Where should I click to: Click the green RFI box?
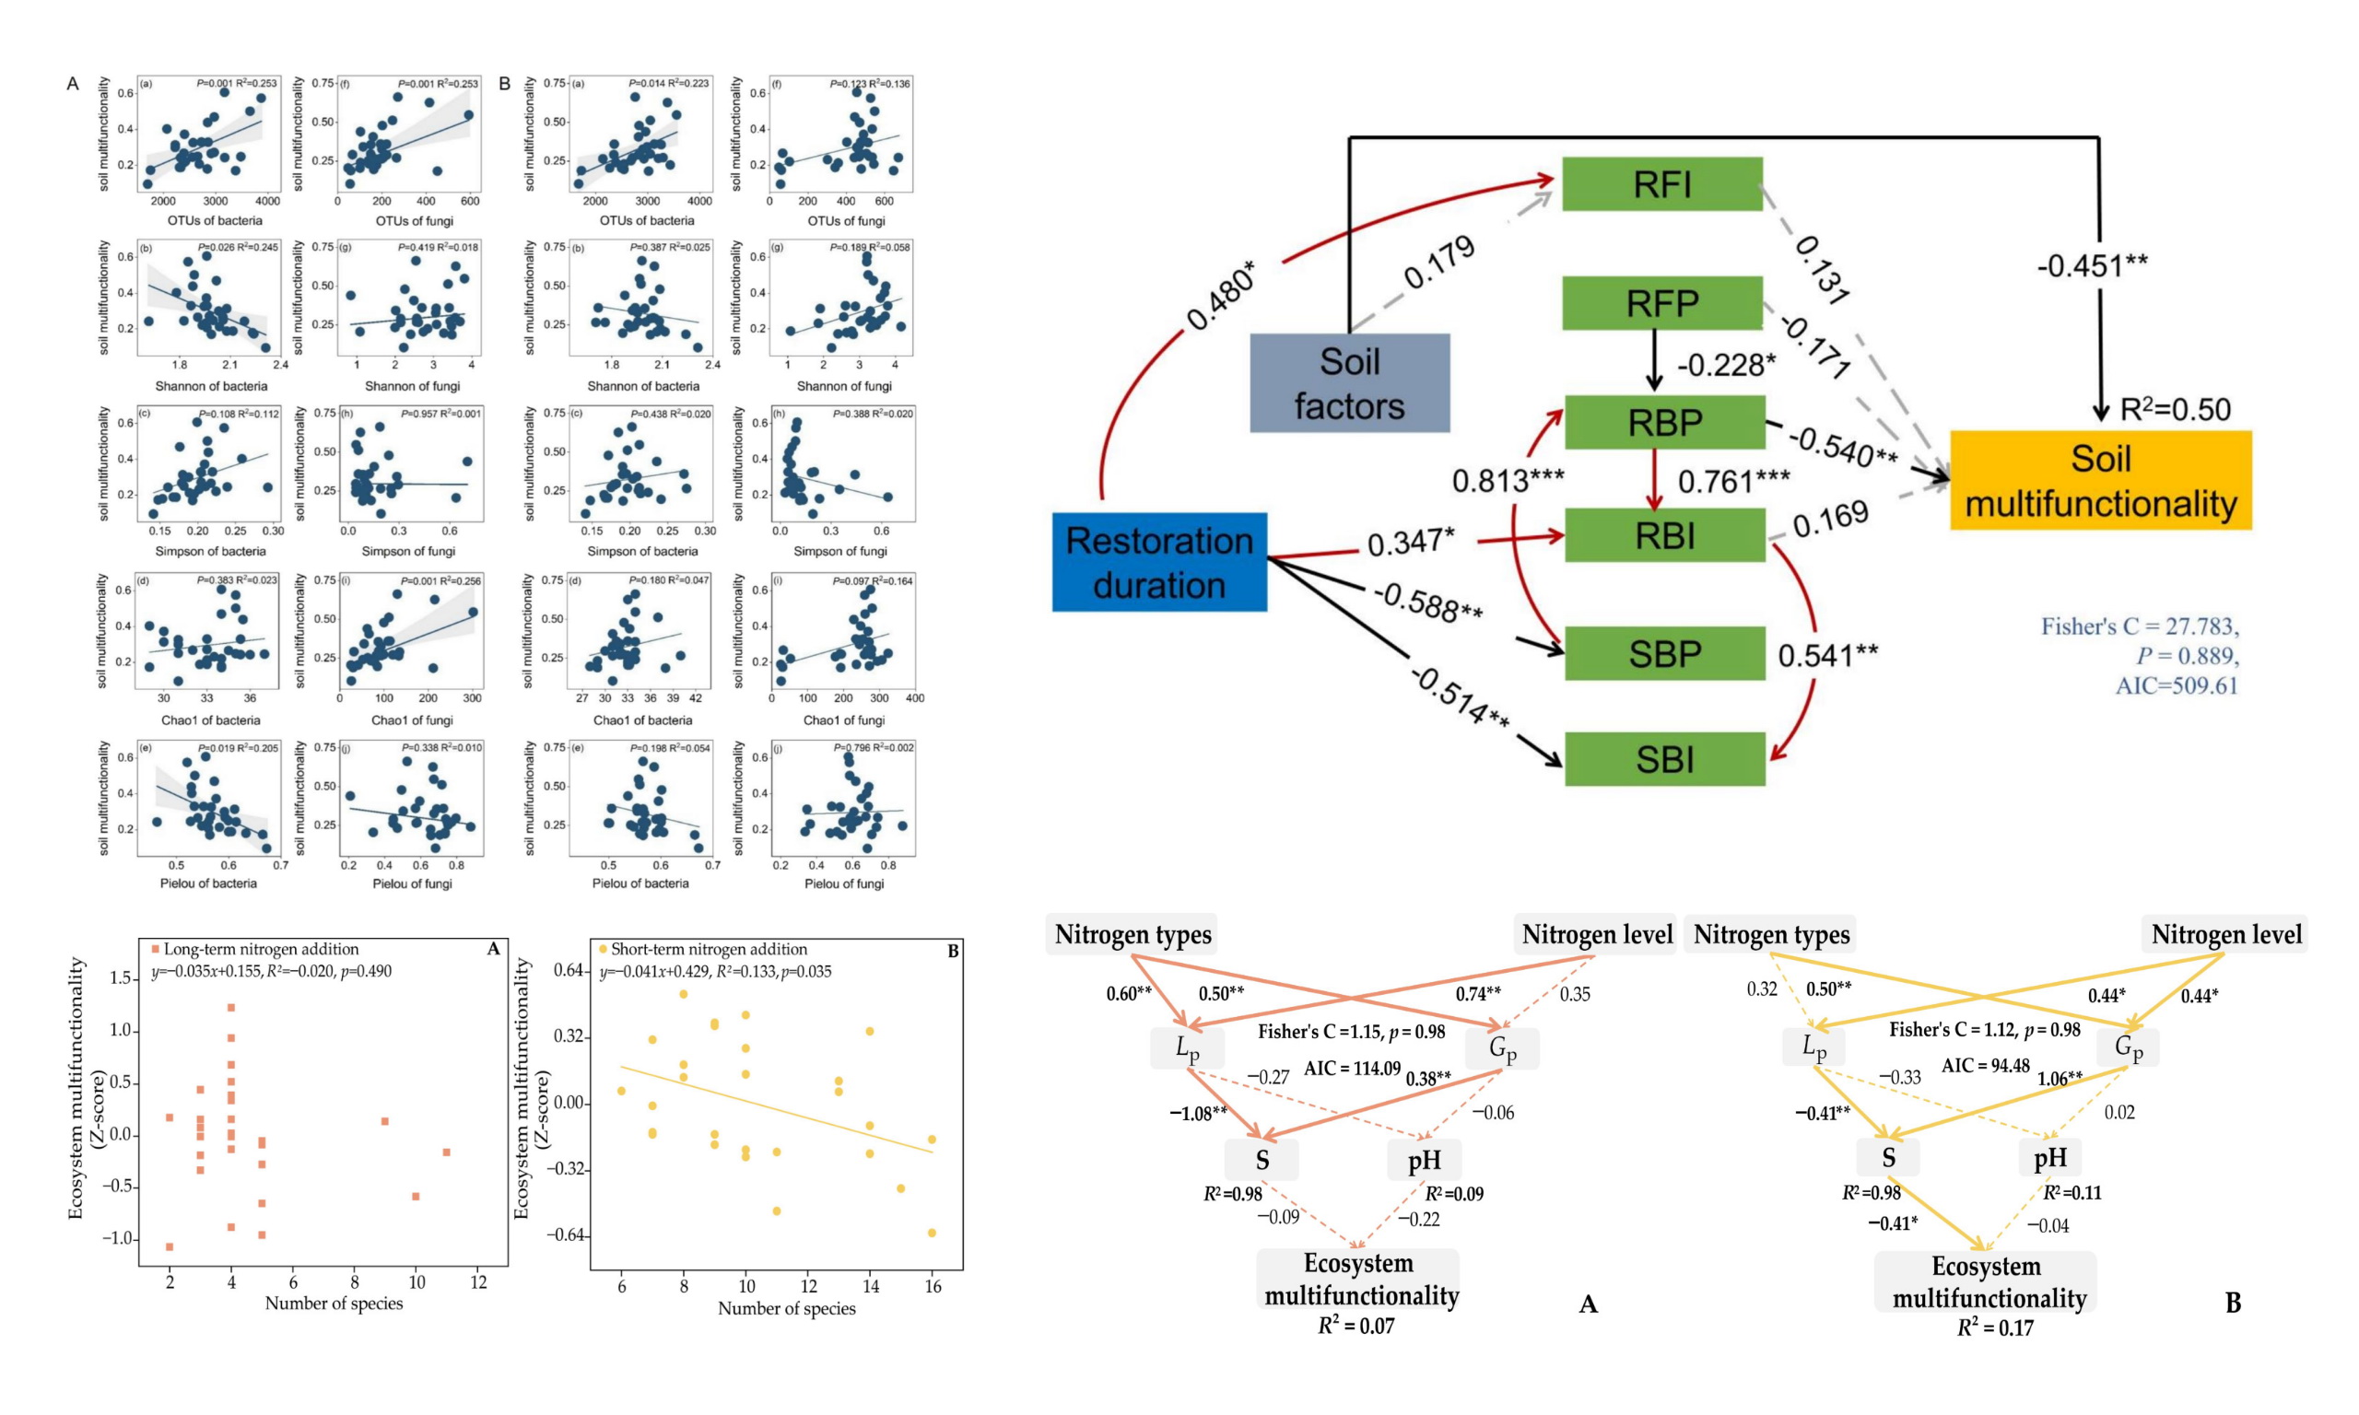click(1661, 184)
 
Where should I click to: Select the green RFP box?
click(1661, 303)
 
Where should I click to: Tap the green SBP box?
click(1664, 653)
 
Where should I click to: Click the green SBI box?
click(1664, 759)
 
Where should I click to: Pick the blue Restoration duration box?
click(1158, 562)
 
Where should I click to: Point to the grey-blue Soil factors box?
click(1349, 383)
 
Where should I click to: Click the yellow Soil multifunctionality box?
click(2100, 481)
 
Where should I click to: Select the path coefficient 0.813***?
click(1507, 481)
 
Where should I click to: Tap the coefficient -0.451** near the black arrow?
click(2092, 265)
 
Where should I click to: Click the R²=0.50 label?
click(2174, 410)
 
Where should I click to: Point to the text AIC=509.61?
click(2176, 685)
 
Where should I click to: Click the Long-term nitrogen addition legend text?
click(260, 949)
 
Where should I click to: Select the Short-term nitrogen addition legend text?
click(709, 949)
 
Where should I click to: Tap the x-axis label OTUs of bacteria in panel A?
click(215, 220)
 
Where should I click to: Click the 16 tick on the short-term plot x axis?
click(933, 1286)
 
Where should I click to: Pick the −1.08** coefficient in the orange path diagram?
click(1198, 1114)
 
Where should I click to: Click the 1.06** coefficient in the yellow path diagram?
click(2060, 1079)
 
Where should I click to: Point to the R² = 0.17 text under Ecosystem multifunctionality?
click(1995, 1327)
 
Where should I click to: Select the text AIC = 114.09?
click(1352, 1068)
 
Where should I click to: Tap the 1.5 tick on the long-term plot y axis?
click(120, 977)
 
